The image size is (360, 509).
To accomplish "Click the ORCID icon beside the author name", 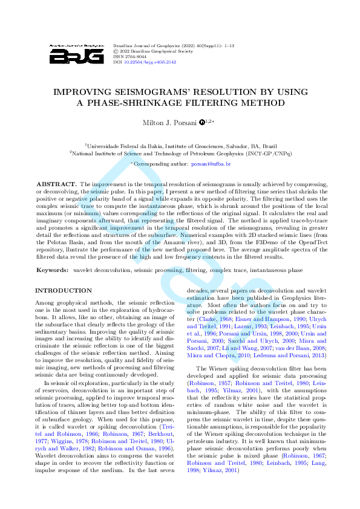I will click(x=202, y=123).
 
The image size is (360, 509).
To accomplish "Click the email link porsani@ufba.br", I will click(x=211, y=164).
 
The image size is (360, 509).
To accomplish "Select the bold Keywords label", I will click(x=53, y=270).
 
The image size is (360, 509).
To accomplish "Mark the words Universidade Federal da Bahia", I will click(x=125, y=146).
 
